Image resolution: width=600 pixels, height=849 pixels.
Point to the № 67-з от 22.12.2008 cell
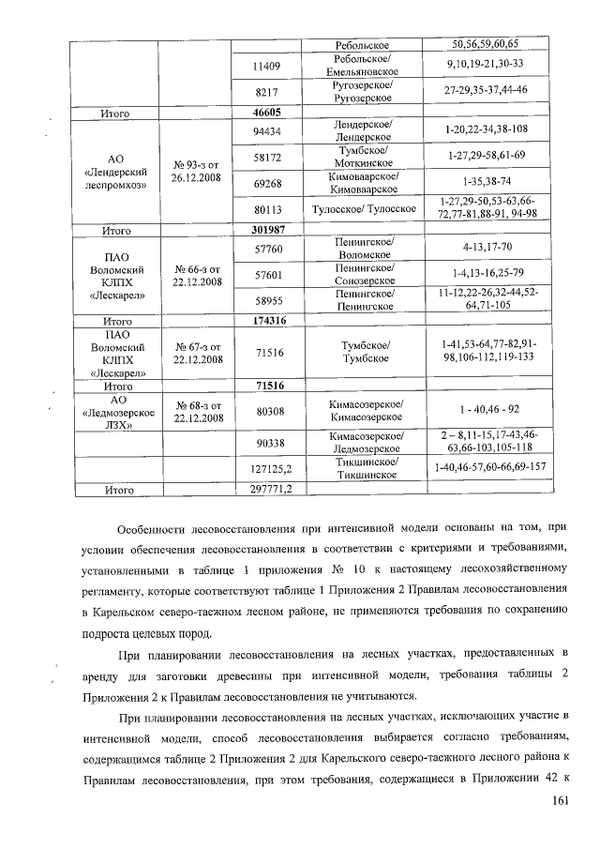[197, 353]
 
